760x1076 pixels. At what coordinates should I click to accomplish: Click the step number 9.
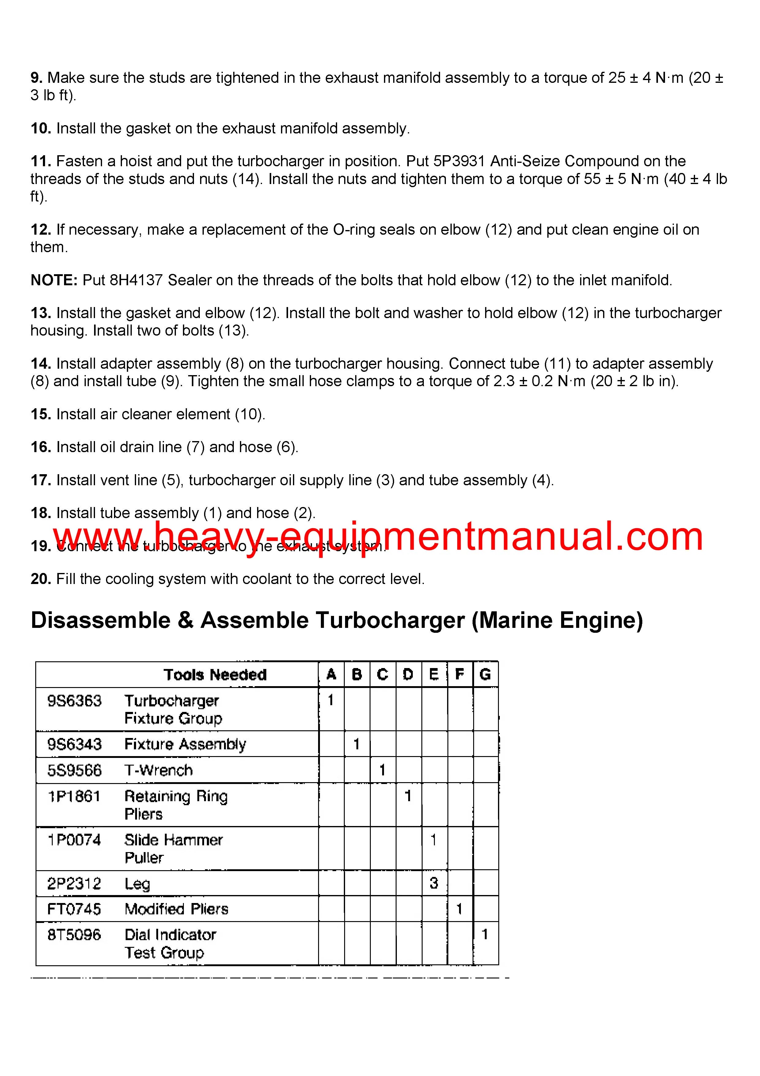point(36,78)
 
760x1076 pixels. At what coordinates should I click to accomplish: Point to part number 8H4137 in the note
point(136,280)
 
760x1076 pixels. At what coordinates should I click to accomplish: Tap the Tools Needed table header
point(215,675)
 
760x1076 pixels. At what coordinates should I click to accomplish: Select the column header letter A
point(331,675)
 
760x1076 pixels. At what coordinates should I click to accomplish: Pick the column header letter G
point(485,675)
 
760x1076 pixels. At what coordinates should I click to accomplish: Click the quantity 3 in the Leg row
point(434,883)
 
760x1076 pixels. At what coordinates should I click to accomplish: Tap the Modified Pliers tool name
point(177,909)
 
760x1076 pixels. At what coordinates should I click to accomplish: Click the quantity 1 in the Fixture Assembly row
point(356,744)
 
